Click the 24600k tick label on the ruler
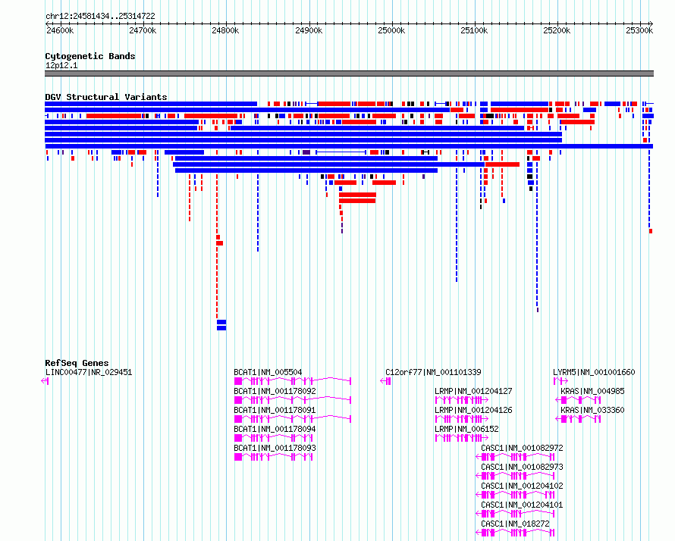pos(60,31)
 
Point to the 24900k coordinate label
pos(309,31)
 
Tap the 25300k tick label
pos(639,31)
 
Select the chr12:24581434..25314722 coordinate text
pos(100,17)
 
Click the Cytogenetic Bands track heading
pos(90,56)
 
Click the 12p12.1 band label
pos(61,65)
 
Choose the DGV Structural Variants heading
pos(106,97)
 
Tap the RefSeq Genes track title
pos(77,363)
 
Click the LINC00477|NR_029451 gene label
pos(89,373)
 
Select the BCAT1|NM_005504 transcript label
pos(268,373)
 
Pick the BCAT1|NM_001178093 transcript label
pos(275,448)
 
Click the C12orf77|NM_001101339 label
pos(433,373)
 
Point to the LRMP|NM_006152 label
pos(466,429)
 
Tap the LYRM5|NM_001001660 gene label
pos(594,373)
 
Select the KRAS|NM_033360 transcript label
pos(592,410)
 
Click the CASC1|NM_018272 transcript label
pos(515,524)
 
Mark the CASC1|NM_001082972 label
pos(522,448)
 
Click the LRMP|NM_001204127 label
pos(473,391)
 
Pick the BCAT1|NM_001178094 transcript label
pos(275,429)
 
